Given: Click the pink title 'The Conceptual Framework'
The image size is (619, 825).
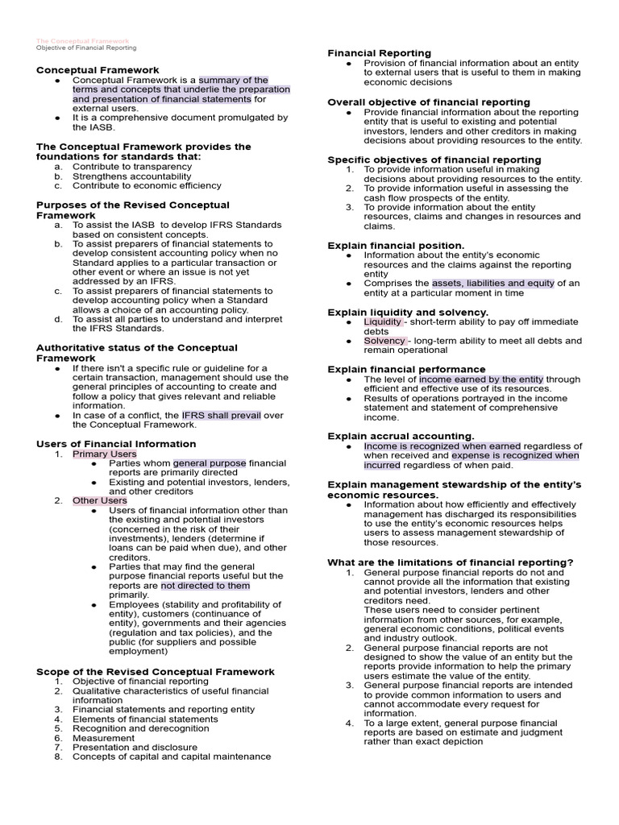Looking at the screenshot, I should [x=82, y=40].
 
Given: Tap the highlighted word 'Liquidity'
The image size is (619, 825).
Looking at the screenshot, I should [x=383, y=321].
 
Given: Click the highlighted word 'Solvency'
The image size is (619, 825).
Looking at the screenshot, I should [x=384, y=341].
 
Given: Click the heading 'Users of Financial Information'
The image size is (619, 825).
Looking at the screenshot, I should [x=116, y=444].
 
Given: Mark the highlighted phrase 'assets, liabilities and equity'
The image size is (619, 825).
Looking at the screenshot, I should [x=493, y=283].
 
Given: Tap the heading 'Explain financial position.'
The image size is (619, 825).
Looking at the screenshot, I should [x=396, y=245].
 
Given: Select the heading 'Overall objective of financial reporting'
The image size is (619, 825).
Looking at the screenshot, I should [x=429, y=102].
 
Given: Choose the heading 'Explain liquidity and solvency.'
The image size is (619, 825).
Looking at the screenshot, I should [x=408, y=312].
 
